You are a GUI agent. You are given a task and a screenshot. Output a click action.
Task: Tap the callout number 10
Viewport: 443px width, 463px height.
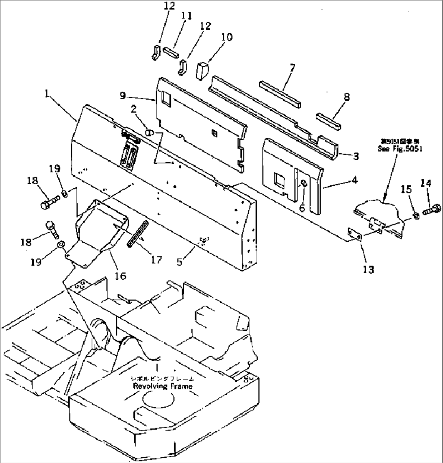(x=227, y=37)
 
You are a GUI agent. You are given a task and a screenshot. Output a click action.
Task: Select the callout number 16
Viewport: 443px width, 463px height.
(x=120, y=276)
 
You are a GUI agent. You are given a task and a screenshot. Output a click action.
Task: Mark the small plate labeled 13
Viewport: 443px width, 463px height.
(x=356, y=235)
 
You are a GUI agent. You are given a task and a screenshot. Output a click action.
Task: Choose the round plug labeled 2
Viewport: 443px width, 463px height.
(x=149, y=132)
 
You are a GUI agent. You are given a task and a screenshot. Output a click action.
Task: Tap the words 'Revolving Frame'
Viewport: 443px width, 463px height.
(x=163, y=386)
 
